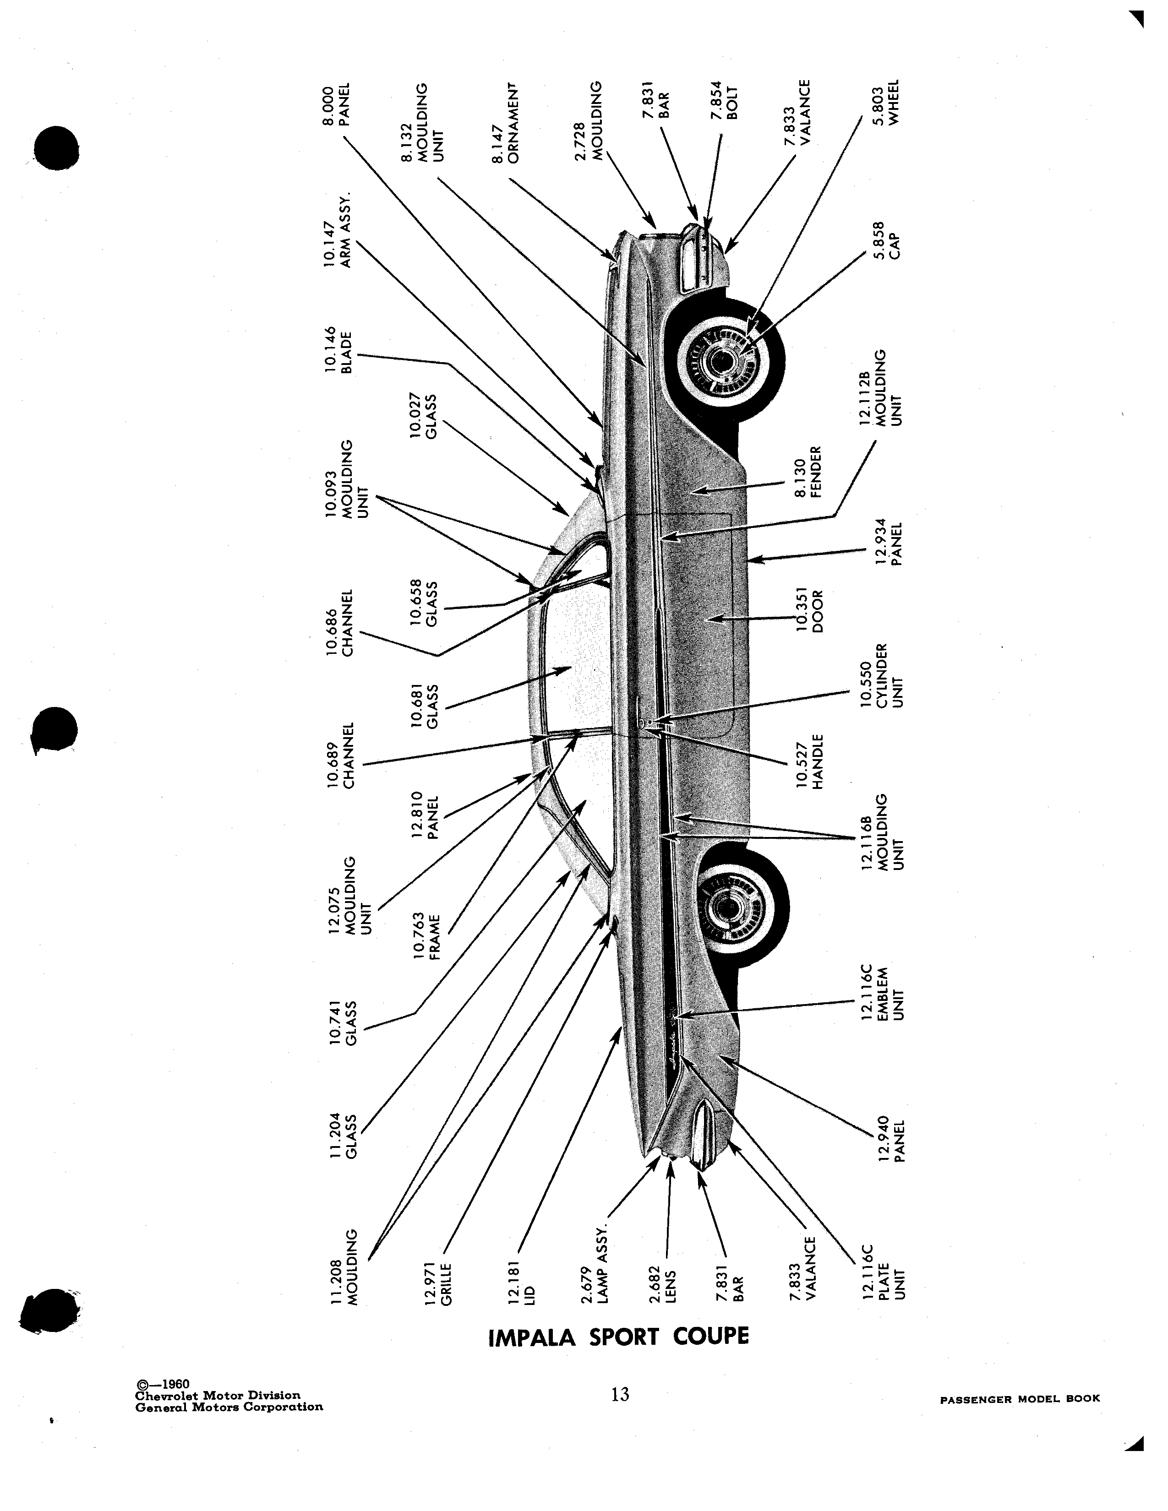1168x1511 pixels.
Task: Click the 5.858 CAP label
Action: pos(885,239)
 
